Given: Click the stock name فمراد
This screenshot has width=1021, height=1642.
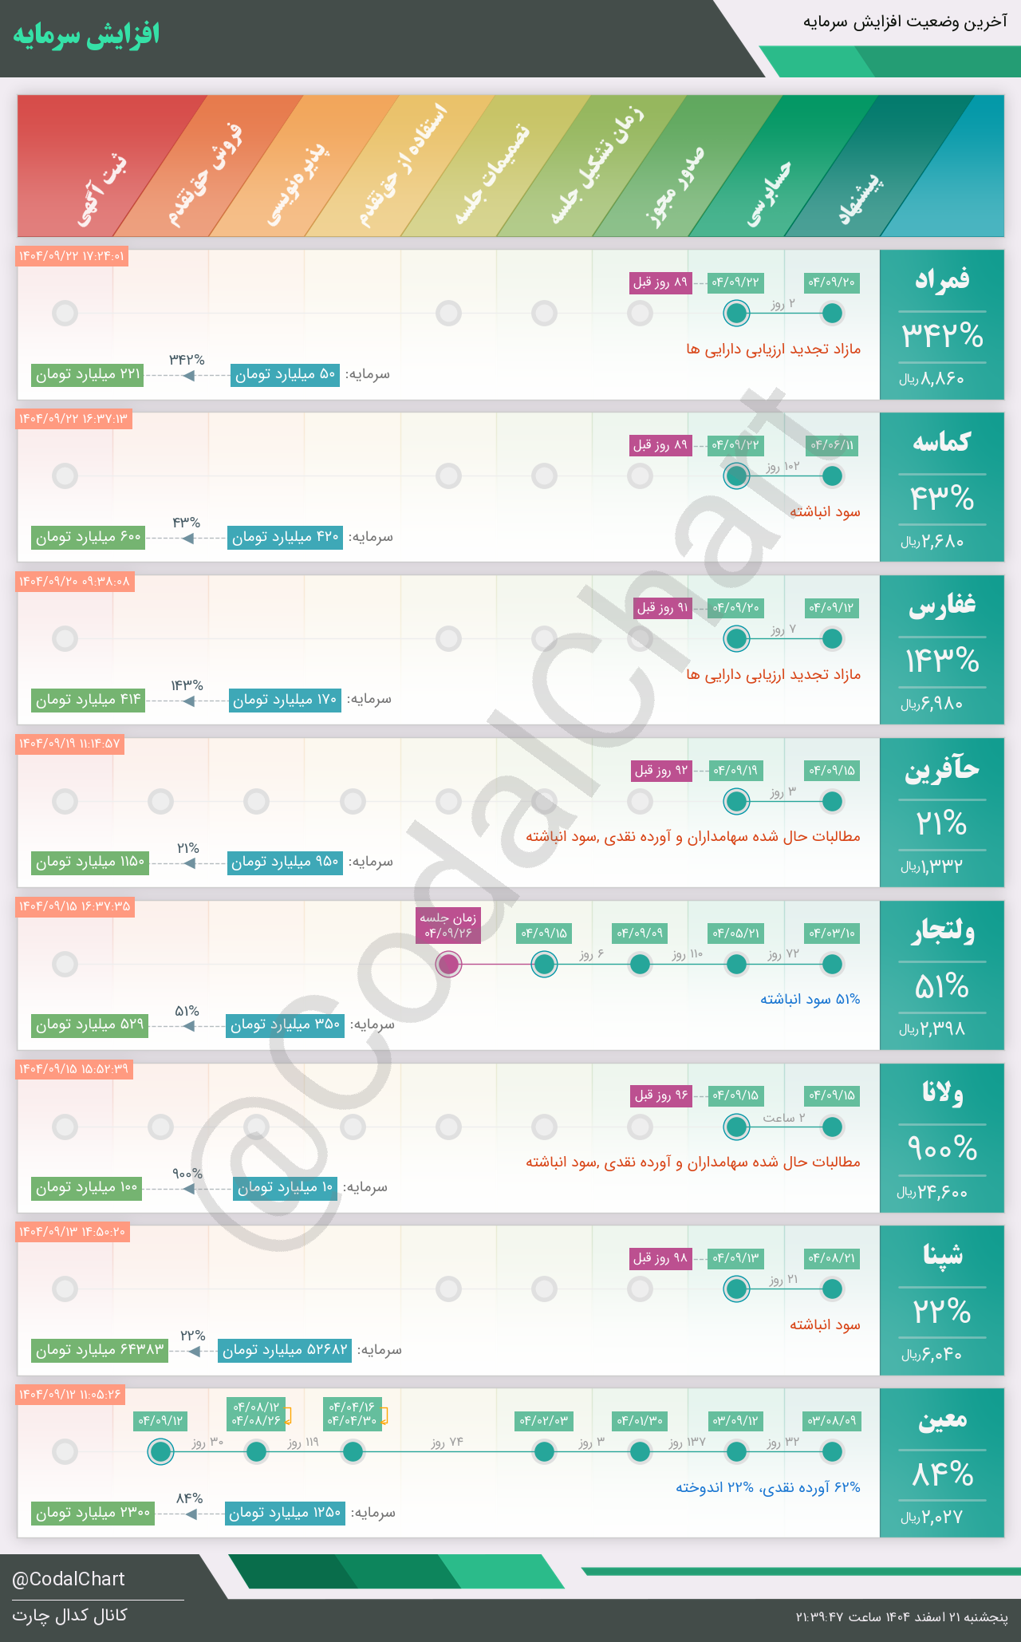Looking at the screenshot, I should pos(942,279).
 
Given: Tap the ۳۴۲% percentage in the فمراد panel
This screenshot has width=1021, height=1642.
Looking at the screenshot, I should pos(942,336).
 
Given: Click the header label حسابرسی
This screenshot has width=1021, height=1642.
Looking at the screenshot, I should pos(769,191).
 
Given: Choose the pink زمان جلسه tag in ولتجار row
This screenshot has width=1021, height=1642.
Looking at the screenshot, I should pos(448,926).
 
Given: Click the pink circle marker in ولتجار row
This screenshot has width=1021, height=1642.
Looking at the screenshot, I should pos(449,964).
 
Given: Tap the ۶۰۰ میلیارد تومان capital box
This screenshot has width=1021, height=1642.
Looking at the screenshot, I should pos(89,537).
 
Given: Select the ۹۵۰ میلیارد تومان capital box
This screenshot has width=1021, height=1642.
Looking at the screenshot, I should pos(285,862).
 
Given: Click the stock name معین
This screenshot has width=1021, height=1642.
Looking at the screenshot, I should pos(942,1419).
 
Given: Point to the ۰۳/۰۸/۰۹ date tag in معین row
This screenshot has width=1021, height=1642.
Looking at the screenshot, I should pos(832,1421).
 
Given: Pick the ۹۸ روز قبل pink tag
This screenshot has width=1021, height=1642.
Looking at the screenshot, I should pos(660,1258).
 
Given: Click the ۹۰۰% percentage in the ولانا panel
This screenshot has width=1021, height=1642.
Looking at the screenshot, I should pos(942,1149).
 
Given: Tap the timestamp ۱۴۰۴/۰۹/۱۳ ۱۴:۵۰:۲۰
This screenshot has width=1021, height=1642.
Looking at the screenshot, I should pos(73,1232).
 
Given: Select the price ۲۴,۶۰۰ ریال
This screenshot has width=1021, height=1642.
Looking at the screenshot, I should pos(932,1193).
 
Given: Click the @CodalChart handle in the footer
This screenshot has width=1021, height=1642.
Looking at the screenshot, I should pos(69,1579).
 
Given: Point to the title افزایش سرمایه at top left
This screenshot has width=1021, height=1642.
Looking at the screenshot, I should pos(86,35).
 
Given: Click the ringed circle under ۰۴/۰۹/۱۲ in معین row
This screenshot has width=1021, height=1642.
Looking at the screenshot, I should pos(161,1451).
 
